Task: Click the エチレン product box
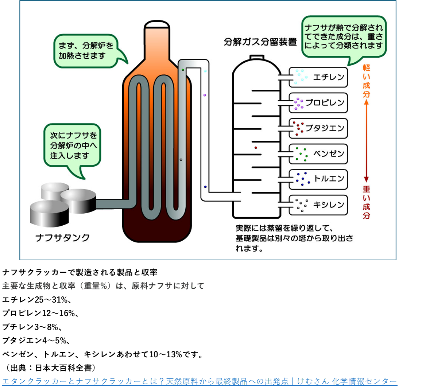318,77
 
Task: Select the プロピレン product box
318,103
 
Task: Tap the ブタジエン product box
318,128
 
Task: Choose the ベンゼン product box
318,153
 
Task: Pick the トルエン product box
318,179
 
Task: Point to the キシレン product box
318,205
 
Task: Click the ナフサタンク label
62,238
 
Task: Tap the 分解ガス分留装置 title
260,42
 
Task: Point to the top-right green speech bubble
344,36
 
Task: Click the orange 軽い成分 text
367,81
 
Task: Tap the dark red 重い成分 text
367,202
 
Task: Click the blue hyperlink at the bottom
200,381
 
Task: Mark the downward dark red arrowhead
367,179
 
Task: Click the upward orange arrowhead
367,102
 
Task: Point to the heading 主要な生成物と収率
103,286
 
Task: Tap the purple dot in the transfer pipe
205,95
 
